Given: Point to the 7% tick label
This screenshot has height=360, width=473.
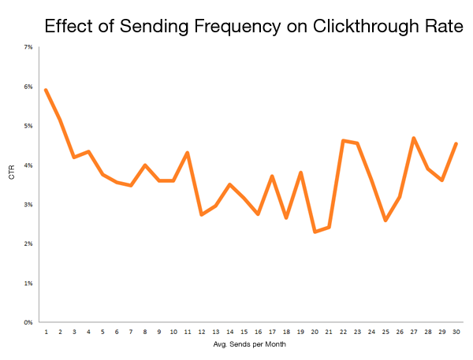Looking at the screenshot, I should [28, 47].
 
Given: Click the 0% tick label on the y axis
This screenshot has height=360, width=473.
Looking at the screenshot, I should [28, 322].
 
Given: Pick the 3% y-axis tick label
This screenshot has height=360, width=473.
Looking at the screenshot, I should [28, 205].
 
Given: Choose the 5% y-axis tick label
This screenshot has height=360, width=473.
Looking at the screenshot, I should [28, 126].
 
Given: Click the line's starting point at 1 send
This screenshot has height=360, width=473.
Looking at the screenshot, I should [46, 90].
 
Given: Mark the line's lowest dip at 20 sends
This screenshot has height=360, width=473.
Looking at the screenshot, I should [315, 232].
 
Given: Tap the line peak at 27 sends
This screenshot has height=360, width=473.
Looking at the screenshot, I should [413, 138].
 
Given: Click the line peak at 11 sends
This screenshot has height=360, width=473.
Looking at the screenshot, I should [187, 153].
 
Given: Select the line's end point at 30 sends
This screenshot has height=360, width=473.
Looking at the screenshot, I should [456, 144].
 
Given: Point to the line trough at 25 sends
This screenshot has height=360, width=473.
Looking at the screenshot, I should [385, 221].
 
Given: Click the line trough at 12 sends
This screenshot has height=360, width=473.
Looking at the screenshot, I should [201, 214].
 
